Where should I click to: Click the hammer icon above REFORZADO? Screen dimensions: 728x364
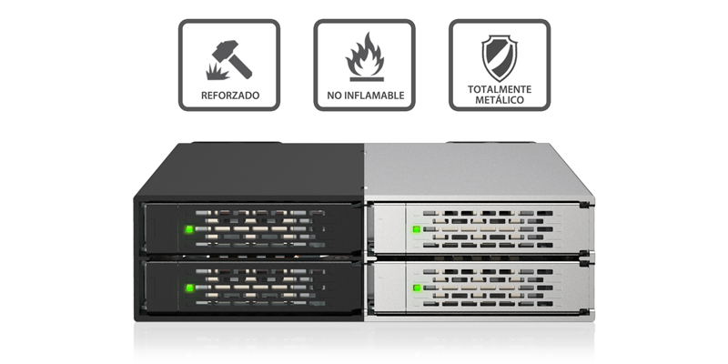pyautogui.click(x=233, y=58)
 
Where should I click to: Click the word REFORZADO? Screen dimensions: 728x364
pyautogui.click(x=230, y=96)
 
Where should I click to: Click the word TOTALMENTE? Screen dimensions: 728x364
pyautogui.click(x=500, y=89)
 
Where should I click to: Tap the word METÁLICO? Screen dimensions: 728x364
pyautogui.click(x=500, y=100)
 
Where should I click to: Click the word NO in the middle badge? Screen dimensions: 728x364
pyautogui.click(x=333, y=96)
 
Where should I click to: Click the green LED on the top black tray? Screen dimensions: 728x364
pyautogui.click(x=189, y=229)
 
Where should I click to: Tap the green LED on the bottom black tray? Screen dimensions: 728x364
pyautogui.click(x=189, y=288)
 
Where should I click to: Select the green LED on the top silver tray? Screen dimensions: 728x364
pyautogui.click(x=416, y=229)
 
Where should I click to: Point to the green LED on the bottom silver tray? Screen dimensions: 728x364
pyautogui.click(x=416, y=288)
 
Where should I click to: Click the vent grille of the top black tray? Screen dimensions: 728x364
pyautogui.click(x=260, y=228)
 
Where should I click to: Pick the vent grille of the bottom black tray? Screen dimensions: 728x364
pyautogui.click(x=260, y=287)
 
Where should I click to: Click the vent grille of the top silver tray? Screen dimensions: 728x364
pyautogui.click(x=488, y=228)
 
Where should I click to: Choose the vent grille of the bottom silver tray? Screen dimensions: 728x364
pyautogui.click(x=488, y=288)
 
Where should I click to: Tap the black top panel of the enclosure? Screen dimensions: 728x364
pyautogui.click(x=251, y=172)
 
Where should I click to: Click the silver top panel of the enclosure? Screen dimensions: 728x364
pyautogui.click(x=479, y=172)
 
